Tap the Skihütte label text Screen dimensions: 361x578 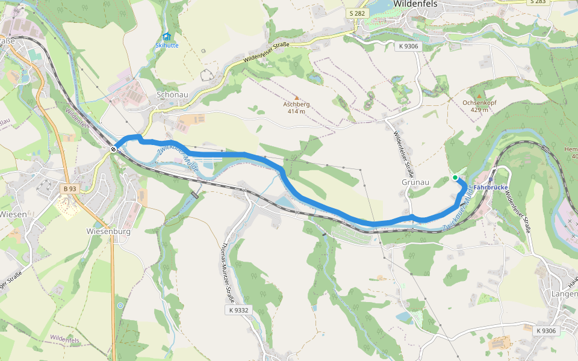tap(167, 45)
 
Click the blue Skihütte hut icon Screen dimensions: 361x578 tap(167, 36)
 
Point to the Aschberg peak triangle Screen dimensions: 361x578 tap(296, 97)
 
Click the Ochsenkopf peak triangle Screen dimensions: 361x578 tap(479, 96)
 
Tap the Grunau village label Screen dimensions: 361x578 tap(414, 181)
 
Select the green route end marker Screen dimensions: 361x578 tap(455, 177)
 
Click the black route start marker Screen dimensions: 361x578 tap(113, 149)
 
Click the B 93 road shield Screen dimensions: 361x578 tap(70, 188)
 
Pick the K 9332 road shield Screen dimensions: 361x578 tap(238, 310)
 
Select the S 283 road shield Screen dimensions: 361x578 tap(537, 2)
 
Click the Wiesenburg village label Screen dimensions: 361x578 tap(108, 231)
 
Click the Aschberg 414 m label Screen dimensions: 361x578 tap(297, 108)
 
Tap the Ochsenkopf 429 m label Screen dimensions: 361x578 tap(479, 106)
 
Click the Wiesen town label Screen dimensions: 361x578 tap(13, 214)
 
